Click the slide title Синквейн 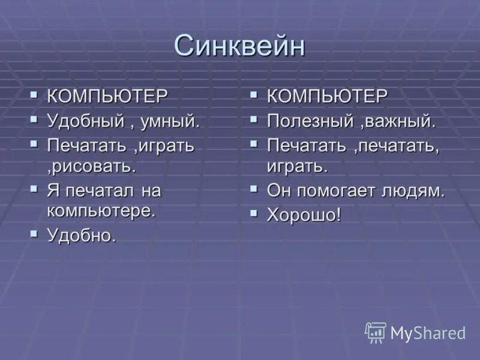click(239, 46)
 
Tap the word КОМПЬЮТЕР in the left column click(107, 97)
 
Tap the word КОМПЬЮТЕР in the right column click(328, 96)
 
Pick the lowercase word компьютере click(101, 211)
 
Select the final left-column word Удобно click(81, 236)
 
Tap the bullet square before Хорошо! click(254, 213)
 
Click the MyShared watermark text click(428, 333)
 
